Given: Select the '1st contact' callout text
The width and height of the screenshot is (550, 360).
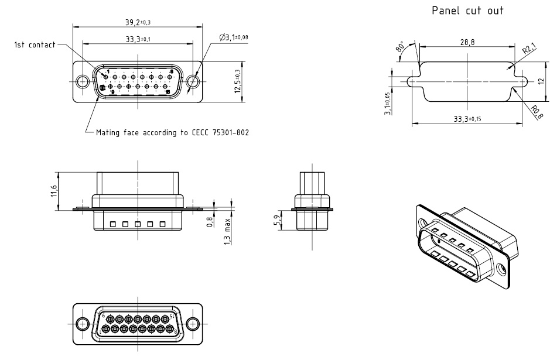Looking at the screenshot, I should pyautogui.click(x=35, y=44).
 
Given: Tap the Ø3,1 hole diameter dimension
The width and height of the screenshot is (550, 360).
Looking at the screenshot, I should pyautogui.click(x=233, y=37).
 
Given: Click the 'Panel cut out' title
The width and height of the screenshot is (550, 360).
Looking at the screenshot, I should pyautogui.click(x=467, y=11).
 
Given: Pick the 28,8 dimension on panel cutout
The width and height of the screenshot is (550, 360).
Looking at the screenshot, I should pyautogui.click(x=467, y=42).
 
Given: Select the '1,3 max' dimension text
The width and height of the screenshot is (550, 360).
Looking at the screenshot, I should pyautogui.click(x=227, y=231).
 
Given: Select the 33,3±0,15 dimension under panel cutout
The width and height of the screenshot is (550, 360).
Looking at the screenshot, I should pyautogui.click(x=467, y=118).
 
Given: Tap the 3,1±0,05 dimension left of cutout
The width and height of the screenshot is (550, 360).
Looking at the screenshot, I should pyautogui.click(x=387, y=103).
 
